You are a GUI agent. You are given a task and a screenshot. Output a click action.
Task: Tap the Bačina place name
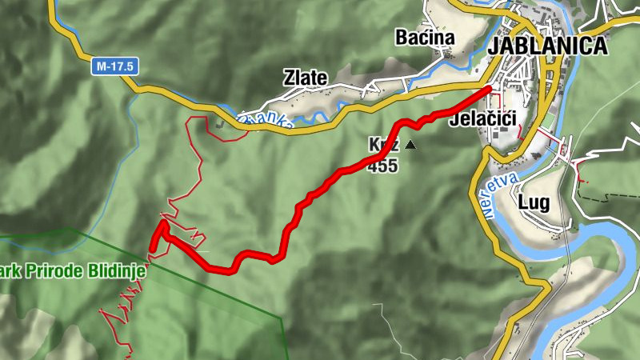[x=424, y=38]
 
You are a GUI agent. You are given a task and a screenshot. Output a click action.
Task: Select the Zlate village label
[x=305, y=78]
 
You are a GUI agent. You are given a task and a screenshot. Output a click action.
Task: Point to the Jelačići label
[x=482, y=120]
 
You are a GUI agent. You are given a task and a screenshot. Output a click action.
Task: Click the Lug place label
[x=534, y=202]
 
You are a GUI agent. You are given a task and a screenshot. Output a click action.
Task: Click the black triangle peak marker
[x=411, y=145]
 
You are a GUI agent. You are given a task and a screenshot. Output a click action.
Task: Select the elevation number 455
[x=382, y=166]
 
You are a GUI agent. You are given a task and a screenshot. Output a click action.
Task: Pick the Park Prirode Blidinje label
[x=73, y=271]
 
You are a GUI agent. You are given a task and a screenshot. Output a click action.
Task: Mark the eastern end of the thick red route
[x=489, y=88]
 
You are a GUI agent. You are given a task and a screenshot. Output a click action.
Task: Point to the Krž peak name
[x=383, y=146]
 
